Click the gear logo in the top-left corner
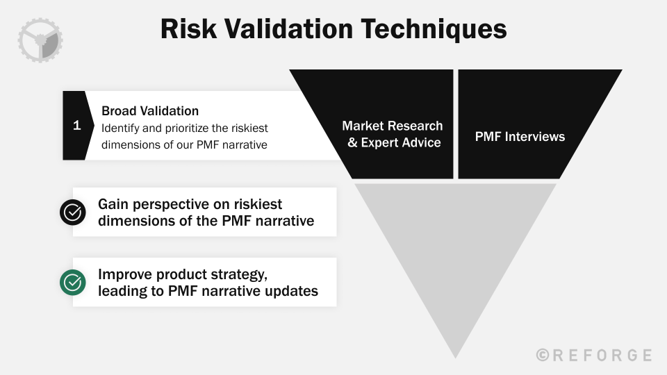point(40,40)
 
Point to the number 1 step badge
point(76,126)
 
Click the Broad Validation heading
point(150,111)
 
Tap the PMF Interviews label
point(520,137)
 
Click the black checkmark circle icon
point(73,212)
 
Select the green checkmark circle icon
point(73,282)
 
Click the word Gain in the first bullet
point(114,204)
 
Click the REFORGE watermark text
point(602,355)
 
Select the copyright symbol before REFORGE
point(543,355)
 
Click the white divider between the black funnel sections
point(456,124)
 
